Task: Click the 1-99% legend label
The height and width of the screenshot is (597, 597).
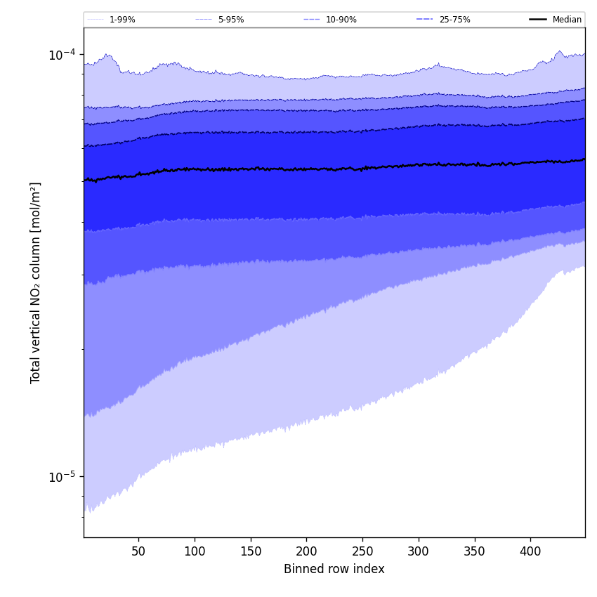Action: point(122,20)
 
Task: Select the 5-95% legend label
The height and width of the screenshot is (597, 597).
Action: point(231,20)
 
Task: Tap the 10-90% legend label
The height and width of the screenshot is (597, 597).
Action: point(341,20)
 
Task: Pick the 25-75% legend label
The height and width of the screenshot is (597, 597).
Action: point(454,20)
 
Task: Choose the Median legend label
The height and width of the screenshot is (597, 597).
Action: point(567,20)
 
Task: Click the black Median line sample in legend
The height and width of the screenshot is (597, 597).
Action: point(538,20)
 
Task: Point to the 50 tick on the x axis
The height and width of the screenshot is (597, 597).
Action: point(138,551)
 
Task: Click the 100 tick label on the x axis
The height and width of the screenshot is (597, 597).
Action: point(195,551)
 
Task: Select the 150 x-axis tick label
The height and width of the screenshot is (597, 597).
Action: point(251,551)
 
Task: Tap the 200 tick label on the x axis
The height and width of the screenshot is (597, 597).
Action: point(306,551)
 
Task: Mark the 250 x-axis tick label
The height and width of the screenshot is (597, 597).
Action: point(362,551)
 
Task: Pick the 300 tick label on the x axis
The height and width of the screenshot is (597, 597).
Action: point(419,551)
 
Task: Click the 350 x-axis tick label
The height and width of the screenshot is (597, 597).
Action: point(474,551)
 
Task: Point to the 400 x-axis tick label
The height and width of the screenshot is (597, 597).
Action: point(530,551)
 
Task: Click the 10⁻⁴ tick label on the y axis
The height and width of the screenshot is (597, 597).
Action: point(62,55)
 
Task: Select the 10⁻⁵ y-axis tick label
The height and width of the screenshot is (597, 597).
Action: point(62,477)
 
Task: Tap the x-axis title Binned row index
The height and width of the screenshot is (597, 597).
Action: point(334,570)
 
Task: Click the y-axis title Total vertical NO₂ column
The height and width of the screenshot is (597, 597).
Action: point(36,282)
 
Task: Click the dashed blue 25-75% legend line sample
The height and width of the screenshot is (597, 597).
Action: point(425,20)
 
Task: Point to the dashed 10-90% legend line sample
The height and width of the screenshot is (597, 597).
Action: point(312,20)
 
